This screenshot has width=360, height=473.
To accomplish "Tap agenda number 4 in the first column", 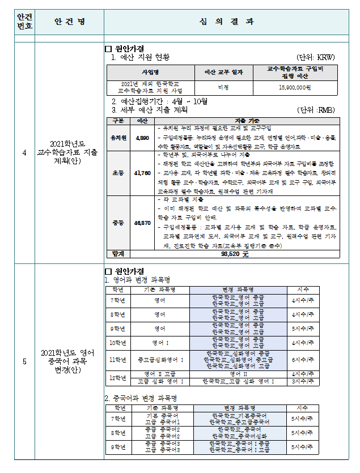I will click(x=24, y=152).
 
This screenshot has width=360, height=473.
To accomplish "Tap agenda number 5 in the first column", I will click(x=24, y=362).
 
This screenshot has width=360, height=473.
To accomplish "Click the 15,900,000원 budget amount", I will click(x=295, y=88).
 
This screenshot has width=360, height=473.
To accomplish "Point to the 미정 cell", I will click(x=223, y=88).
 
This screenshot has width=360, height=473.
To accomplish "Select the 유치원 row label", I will click(x=118, y=138).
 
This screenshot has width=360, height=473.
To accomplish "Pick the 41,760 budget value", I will click(x=142, y=173).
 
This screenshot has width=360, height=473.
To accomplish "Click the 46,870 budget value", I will click(x=142, y=223).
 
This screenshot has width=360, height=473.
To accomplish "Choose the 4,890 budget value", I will click(x=142, y=138).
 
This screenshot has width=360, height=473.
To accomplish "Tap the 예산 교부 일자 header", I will click(x=223, y=73).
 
